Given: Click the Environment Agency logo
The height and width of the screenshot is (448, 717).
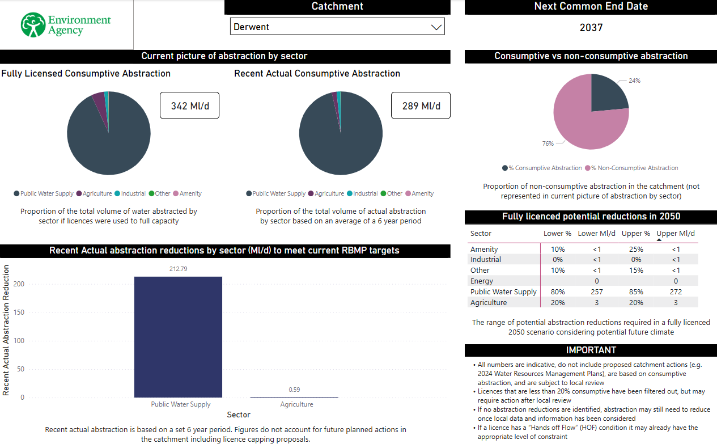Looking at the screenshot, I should click(x=66, y=25).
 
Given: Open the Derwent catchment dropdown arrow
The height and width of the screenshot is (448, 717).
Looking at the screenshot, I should click(x=436, y=27).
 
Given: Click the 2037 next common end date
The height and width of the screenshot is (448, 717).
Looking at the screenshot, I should click(x=591, y=27).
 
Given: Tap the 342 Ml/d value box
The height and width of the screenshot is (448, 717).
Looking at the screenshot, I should click(x=189, y=106).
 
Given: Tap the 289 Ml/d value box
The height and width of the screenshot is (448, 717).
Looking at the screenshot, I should click(x=421, y=106).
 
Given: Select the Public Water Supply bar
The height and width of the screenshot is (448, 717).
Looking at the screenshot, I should click(x=178, y=337).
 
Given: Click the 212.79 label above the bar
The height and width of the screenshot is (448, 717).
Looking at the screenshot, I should click(x=178, y=269).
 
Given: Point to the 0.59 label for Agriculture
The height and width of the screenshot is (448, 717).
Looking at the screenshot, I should click(x=294, y=390).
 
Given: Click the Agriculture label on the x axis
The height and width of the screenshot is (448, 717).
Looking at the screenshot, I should click(x=296, y=404).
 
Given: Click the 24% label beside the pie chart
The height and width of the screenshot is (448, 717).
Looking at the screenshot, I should click(x=634, y=81).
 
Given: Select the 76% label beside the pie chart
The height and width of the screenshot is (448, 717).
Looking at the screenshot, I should click(x=548, y=143).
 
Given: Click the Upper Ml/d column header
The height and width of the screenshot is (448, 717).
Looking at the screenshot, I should click(x=675, y=233).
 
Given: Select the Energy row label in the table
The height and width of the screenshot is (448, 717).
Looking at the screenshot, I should click(x=482, y=281).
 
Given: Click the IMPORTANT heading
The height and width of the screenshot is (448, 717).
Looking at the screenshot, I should click(x=591, y=350).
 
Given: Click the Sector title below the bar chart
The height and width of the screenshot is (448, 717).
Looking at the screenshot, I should click(x=239, y=415).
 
